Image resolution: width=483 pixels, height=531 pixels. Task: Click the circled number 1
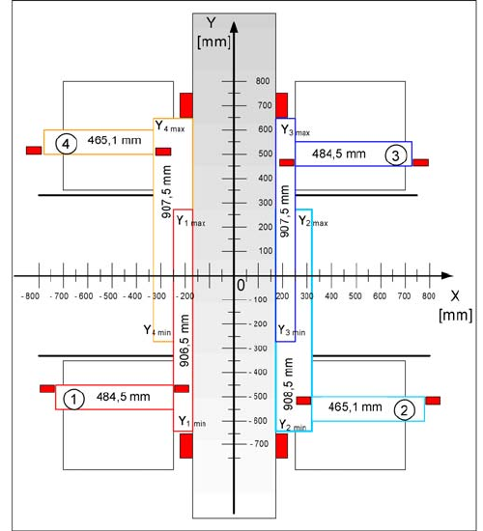tap(73, 400)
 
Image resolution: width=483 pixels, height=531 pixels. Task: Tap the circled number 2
tap(404, 410)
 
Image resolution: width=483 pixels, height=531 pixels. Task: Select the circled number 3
tap(395, 155)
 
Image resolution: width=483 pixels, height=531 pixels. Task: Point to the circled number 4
tap(66, 144)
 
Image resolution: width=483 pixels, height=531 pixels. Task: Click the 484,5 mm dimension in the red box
tap(124, 397)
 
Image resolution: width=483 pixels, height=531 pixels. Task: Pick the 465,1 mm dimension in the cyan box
tap(355, 406)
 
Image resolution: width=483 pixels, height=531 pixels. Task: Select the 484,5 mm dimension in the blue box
tap(339, 154)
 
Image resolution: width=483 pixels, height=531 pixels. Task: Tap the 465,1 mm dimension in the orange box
tap(115, 140)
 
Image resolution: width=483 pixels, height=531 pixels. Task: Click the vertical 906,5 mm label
tap(185, 341)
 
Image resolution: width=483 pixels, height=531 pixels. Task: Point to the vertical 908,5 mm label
tap(288, 384)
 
